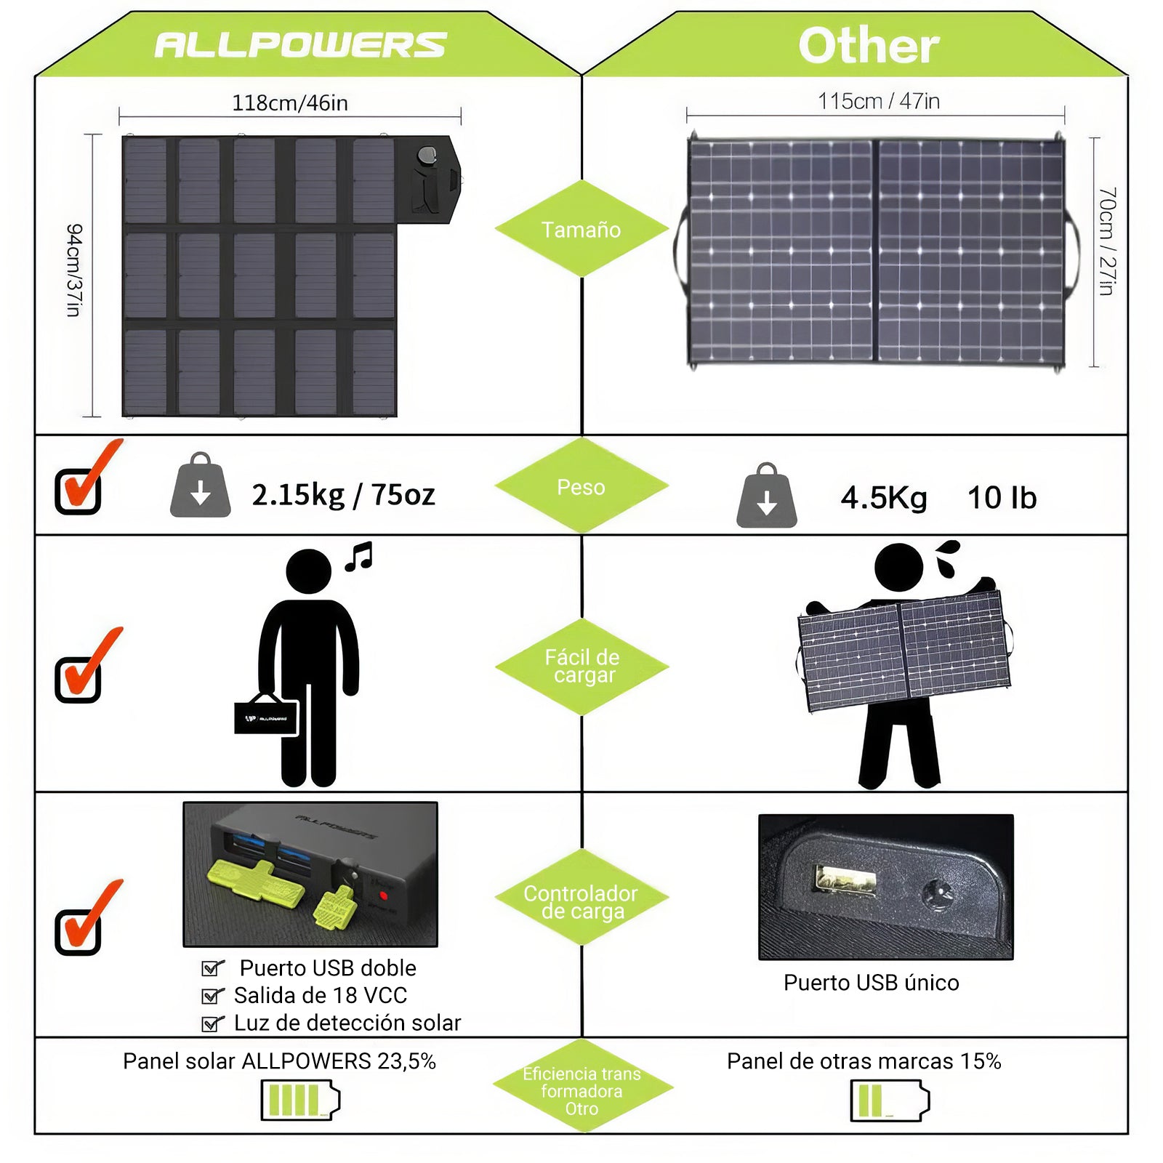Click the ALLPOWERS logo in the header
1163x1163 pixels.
300,45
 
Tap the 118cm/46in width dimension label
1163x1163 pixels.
289,103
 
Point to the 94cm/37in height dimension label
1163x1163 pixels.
74,270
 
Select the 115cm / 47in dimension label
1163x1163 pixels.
878,101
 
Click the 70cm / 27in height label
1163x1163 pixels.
1106,241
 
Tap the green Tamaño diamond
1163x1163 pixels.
581,230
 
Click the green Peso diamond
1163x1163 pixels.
581,487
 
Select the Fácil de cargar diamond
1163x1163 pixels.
582,667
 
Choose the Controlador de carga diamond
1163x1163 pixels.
581,901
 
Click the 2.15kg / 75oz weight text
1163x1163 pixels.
343,495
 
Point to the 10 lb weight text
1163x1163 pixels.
1002,498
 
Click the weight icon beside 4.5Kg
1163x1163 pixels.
766,496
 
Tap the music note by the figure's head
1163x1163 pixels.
359,557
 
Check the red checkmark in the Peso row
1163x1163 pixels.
84,480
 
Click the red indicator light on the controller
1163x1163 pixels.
384,896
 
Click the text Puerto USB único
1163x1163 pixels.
871,983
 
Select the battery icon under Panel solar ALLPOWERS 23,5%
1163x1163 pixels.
299,1100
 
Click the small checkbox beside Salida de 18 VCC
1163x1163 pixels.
212,996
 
